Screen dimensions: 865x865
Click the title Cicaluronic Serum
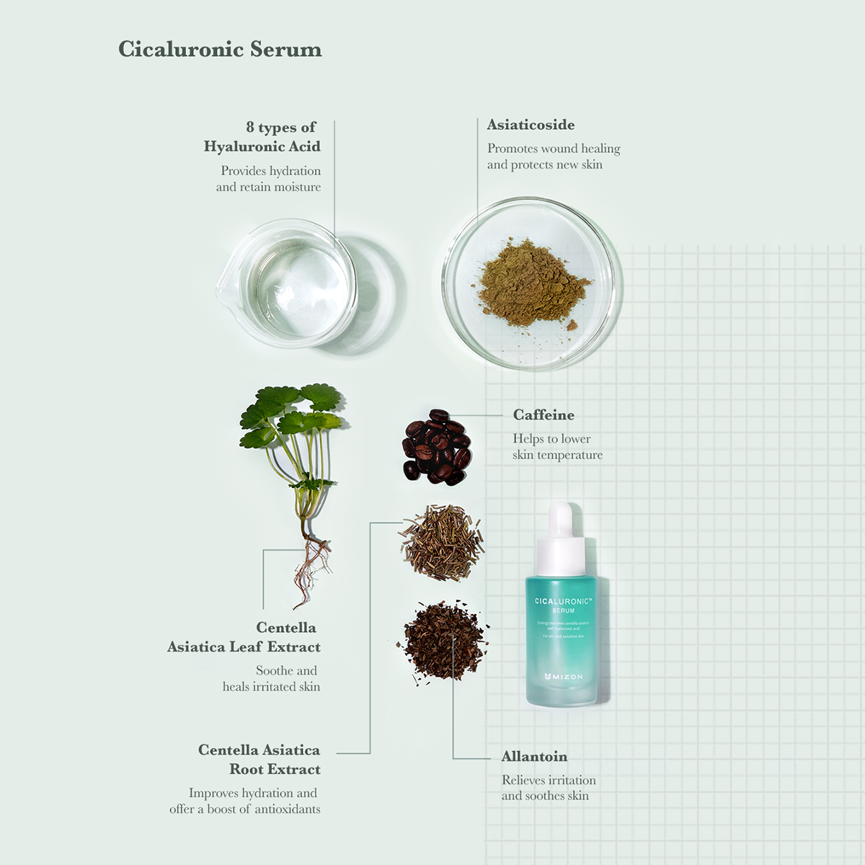pyautogui.click(x=220, y=50)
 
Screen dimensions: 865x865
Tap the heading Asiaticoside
pyautogui.click(x=531, y=125)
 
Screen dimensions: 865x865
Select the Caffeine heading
pyautogui.click(x=544, y=415)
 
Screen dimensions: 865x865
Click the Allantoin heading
pyautogui.click(x=534, y=756)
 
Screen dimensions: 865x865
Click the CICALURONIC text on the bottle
pyautogui.click(x=563, y=600)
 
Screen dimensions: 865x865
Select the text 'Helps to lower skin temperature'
pyautogui.click(x=557, y=447)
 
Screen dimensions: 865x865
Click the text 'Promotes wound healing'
pyautogui.click(x=554, y=148)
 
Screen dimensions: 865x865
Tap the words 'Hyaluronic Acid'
pyautogui.click(x=262, y=146)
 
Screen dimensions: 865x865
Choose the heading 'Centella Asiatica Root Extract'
pyautogui.click(x=259, y=760)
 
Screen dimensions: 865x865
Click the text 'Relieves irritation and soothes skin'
pyautogui.click(x=549, y=788)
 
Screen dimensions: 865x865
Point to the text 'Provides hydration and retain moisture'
pyautogui.click(x=269, y=179)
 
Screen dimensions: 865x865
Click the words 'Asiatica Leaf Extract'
pyautogui.click(x=244, y=647)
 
